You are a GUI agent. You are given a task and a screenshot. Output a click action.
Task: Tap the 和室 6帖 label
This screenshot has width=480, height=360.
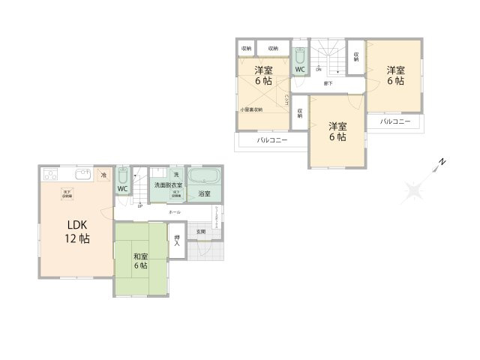pyautogui.click(x=141, y=260)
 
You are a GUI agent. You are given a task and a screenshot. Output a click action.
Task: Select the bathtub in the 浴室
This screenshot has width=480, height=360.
pyautogui.click(x=202, y=178)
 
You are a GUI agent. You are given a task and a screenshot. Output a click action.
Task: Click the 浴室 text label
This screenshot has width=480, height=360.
pyautogui.click(x=204, y=194)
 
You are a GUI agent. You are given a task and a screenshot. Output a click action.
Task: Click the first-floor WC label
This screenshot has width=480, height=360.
pyautogui.click(x=122, y=188)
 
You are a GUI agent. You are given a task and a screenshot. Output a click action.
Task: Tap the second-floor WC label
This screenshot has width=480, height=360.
pyautogui.click(x=298, y=70)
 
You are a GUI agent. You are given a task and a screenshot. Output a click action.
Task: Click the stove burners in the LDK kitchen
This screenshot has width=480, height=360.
pyautogui.click(x=51, y=175)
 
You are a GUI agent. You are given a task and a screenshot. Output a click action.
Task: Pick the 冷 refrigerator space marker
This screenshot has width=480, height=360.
pyautogui.click(x=104, y=175)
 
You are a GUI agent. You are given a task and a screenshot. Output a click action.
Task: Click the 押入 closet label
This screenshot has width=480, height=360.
pyautogui.click(x=177, y=242)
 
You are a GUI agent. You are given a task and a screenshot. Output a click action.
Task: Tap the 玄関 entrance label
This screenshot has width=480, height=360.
pyautogui.click(x=201, y=232)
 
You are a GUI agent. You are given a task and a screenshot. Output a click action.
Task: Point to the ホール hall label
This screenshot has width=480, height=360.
pyautogui.click(x=174, y=212)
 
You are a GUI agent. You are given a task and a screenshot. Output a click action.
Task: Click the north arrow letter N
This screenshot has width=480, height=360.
pyautogui.click(x=443, y=161)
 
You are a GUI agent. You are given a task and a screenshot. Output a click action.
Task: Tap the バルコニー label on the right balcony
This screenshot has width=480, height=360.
pyautogui.click(x=394, y=121)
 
